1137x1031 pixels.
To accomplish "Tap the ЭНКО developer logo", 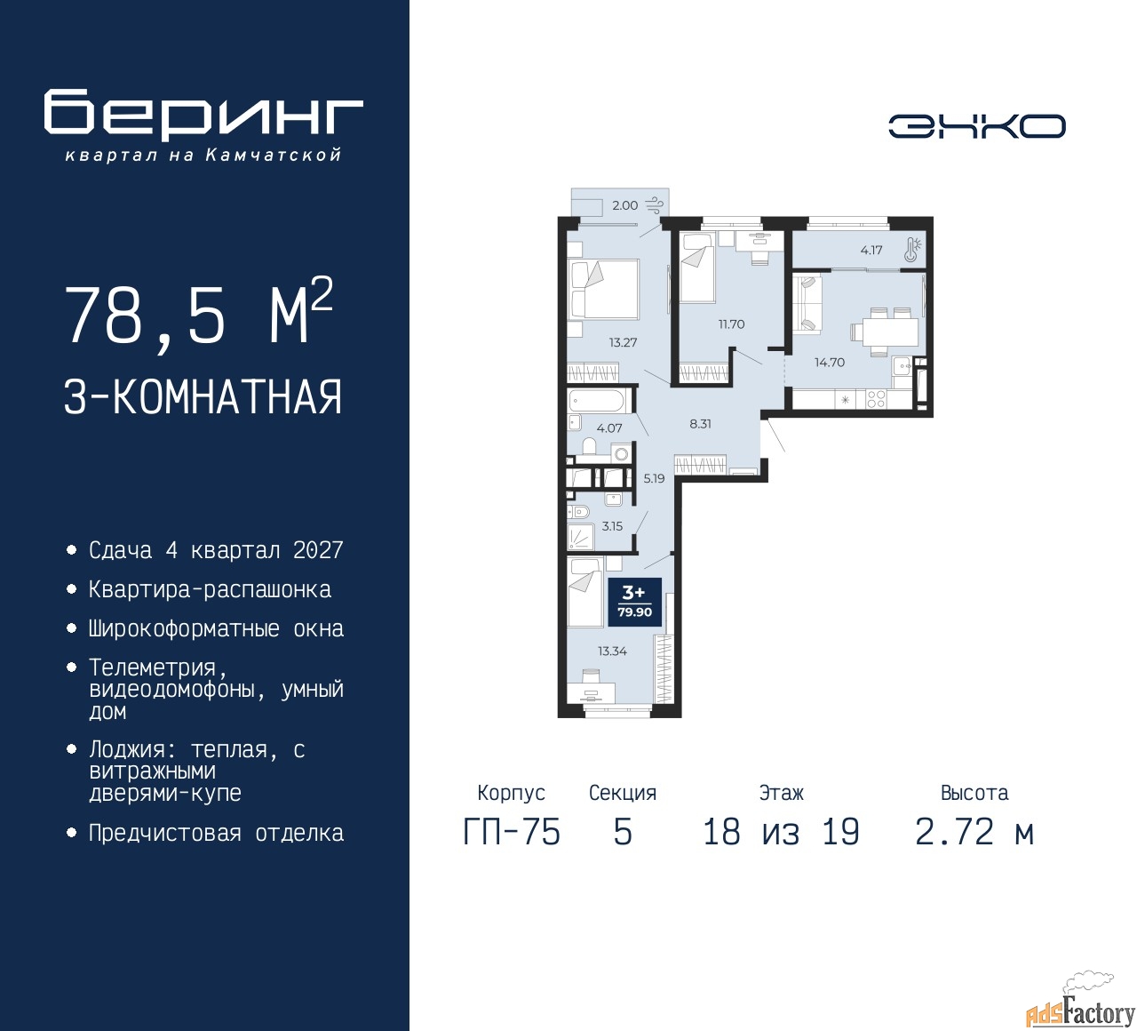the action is (976, 126).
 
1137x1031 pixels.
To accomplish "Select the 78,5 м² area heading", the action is (198, 314).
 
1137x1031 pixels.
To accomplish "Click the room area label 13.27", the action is (623, 342).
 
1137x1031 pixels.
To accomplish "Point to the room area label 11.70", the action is (731, 324).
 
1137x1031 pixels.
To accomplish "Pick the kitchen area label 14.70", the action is (830, 363).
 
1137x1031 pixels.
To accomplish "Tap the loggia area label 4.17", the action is (871, 250).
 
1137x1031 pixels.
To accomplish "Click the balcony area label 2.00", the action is (624, 205).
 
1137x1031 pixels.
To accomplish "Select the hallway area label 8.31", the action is (700, 424).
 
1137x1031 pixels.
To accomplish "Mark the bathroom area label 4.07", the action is (609, 428).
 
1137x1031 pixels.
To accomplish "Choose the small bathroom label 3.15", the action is (612, 526).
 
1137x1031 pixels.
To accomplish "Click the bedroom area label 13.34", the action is (612, 651).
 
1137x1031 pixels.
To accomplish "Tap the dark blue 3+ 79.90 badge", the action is (634, 602).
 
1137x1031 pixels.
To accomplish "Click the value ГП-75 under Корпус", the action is (512, 833).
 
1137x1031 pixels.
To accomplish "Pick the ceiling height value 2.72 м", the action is (974, 833).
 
